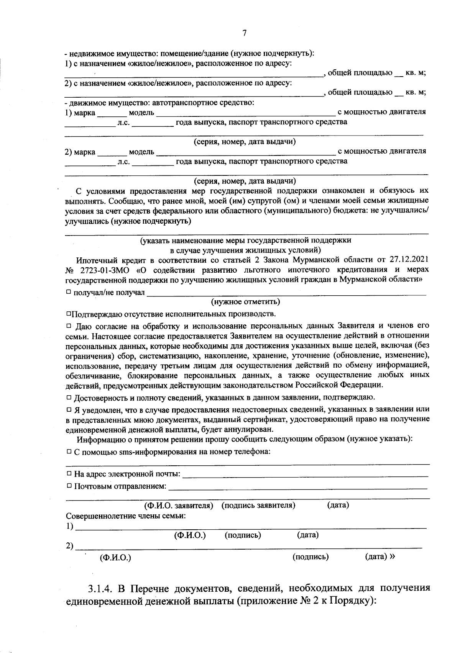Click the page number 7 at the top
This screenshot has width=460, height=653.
(x=245, y=33)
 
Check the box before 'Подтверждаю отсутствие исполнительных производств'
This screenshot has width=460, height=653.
(x=69, y=314)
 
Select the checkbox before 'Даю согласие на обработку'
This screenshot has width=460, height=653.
(x=69, y=326)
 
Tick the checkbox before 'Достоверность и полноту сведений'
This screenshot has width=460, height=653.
(x=69, y=397)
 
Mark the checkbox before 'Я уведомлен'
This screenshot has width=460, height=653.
(x=69, y=410)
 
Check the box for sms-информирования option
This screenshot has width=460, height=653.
(x=69, y=452)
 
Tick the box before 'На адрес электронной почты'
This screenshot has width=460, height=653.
(x=69, y=474)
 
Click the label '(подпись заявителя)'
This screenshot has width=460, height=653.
(x=258, y=505)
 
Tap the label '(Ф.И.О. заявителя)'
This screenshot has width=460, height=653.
(x=178, y=505)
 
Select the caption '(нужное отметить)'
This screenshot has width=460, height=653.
(x=245, y=302)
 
